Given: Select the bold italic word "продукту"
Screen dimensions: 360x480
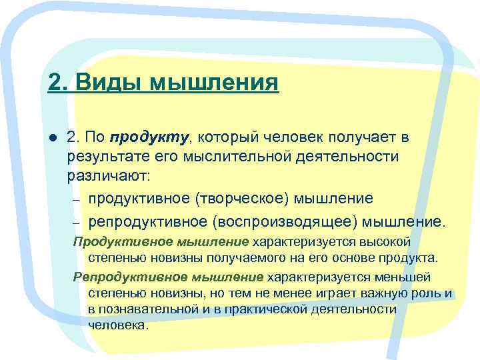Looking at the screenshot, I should (x=150, y=137).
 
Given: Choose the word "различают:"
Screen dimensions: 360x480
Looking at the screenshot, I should (x=109, y=177).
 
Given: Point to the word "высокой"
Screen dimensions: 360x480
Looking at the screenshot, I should (x=387, y=241).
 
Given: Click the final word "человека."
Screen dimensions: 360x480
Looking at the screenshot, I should (x=118, y=326).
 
